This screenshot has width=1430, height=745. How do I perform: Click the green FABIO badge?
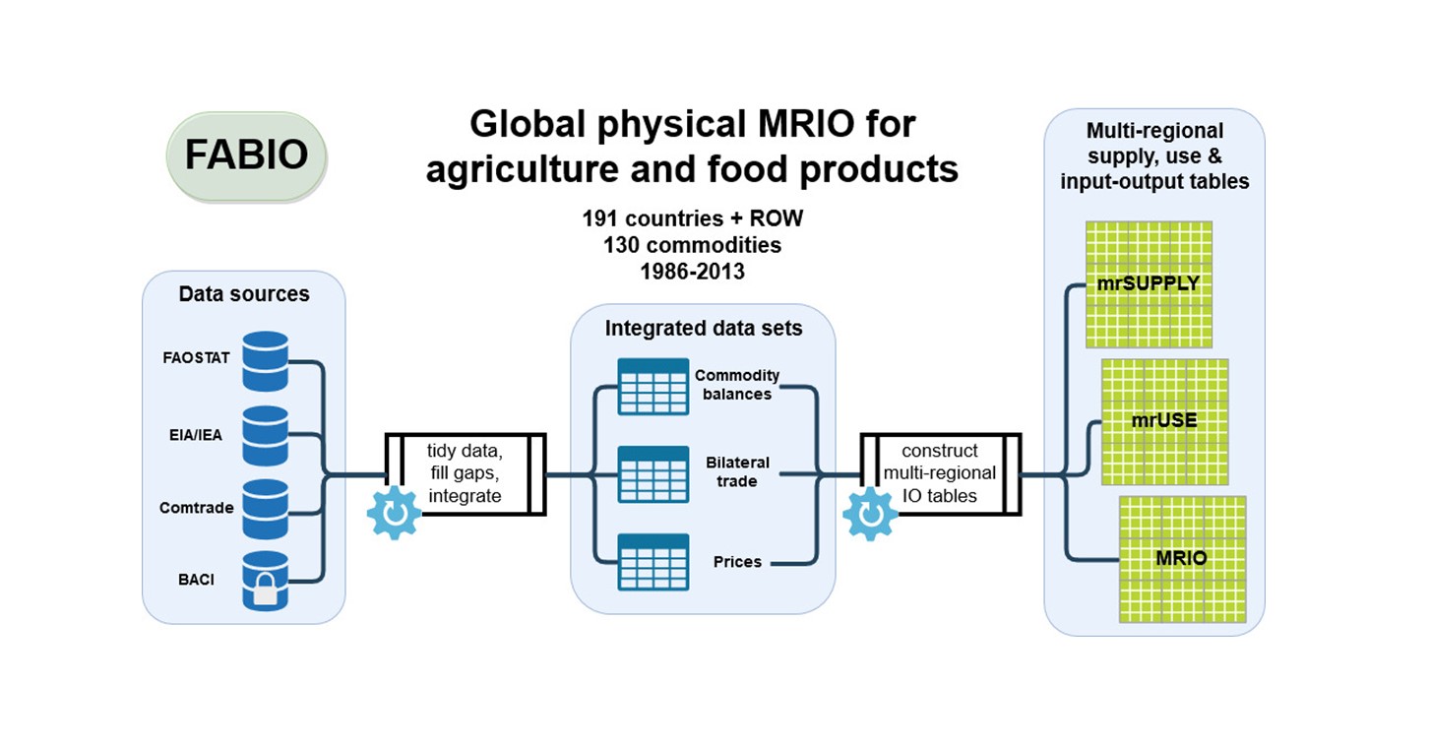(x=246, y=155)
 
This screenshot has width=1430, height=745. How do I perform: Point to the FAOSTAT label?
(x=196, y=358)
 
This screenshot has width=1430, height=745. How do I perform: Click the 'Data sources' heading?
(x=243, y=293)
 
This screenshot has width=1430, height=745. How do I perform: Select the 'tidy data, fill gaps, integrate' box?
(x=465, y=473)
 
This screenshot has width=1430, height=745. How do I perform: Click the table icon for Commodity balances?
(x=653, y=386)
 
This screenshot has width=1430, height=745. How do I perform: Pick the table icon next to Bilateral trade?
(x=653, y=473)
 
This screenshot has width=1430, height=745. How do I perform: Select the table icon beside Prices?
(x=653, y=561)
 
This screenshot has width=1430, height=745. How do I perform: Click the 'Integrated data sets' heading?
(x=703, y=329)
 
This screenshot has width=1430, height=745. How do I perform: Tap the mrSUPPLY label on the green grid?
(x=1148, y=283)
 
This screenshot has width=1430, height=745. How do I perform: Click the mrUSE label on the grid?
(x=1164, y=420)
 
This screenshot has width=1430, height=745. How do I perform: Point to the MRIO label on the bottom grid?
(x=1181, y=558)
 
